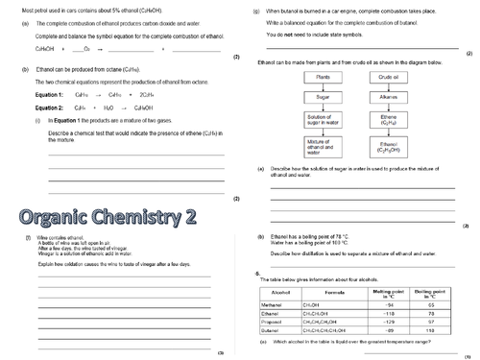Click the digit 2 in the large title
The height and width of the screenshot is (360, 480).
click(188, 213)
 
